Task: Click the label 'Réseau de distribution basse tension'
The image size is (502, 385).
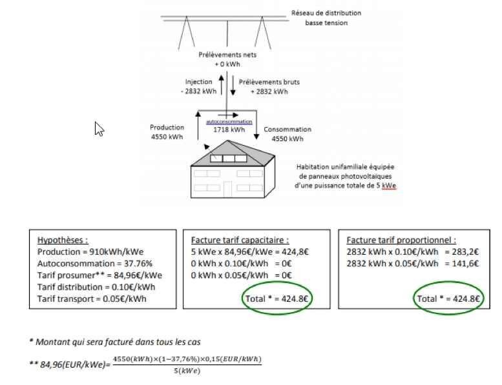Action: coord(326,17)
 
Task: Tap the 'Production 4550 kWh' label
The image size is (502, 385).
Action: coord(167,132)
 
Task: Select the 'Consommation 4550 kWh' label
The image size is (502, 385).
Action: coord(288,133)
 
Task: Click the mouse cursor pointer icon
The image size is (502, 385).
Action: coord(99,129)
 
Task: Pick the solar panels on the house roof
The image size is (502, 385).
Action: coord(225,158)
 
